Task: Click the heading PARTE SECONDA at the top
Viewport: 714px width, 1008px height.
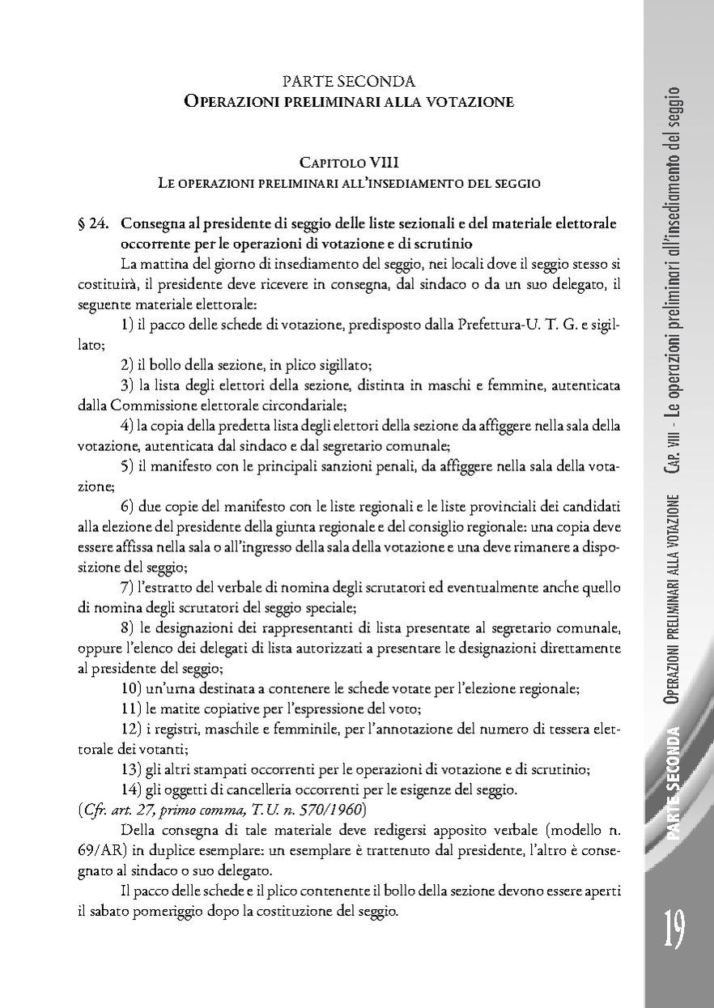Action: coord(348,82)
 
